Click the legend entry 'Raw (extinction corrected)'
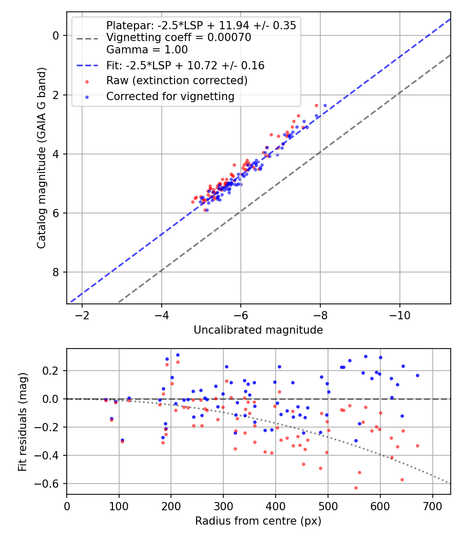177,81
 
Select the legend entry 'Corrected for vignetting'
170,97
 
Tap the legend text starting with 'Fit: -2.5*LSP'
185,66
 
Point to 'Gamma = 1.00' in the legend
147,50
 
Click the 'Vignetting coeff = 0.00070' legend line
179,37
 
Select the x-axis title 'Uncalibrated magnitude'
258,330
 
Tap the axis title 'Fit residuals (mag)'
22,422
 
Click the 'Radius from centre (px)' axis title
258,521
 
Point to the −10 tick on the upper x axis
400,315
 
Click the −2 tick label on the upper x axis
82,315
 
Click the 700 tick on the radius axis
432,506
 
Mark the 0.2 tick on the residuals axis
53,371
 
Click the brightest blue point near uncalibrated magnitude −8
325,105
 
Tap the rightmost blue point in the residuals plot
417,375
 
